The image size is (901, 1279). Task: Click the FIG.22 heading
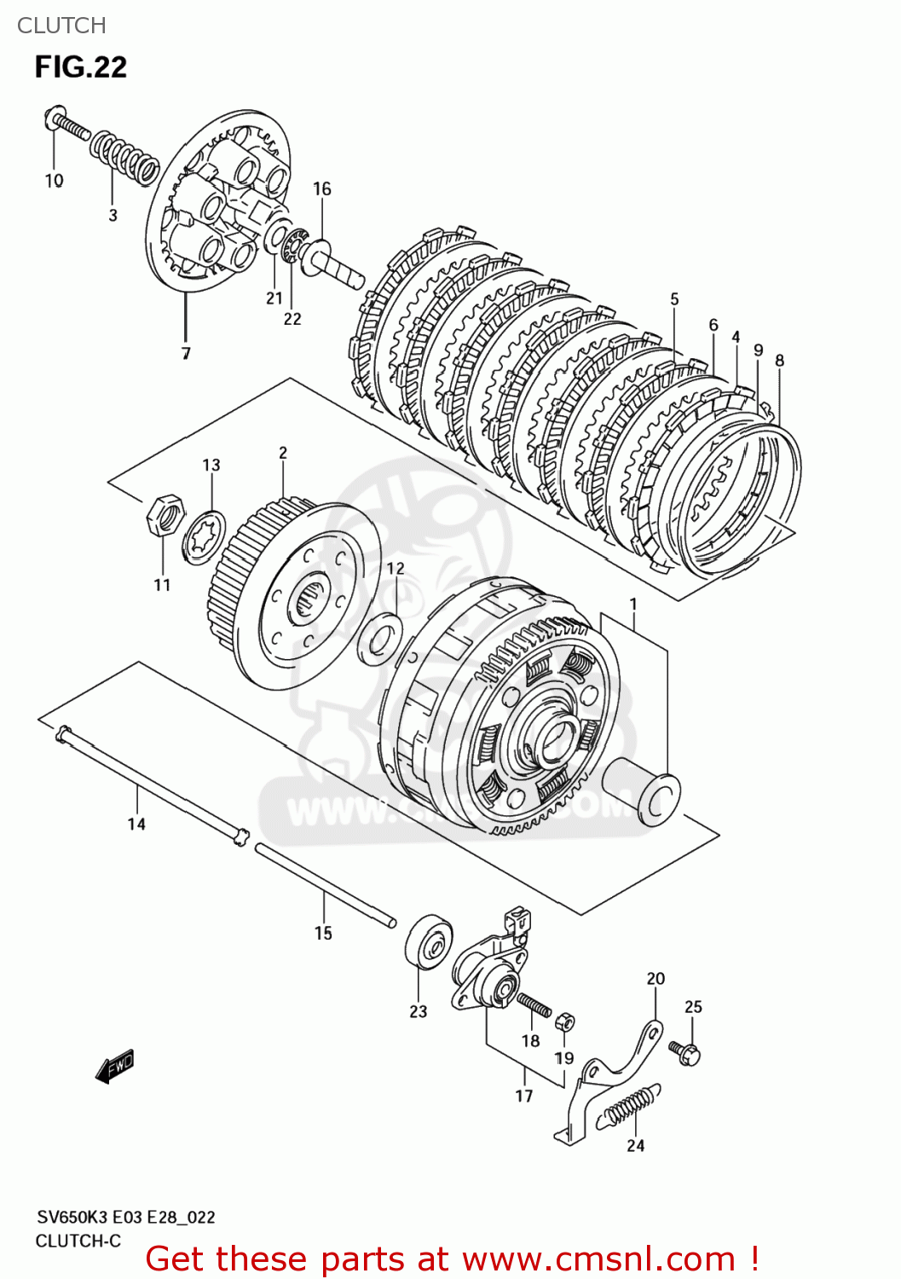(81, 67)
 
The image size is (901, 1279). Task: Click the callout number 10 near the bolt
(54, 181)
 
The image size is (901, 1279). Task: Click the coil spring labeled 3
(125, 157)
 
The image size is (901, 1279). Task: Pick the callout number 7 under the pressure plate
(186, 353)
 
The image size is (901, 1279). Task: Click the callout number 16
(321, 188)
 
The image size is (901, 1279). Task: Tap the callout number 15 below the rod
(323, 933)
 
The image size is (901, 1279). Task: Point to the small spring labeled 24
(629, 1108)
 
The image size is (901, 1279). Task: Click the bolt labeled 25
(685, 1051)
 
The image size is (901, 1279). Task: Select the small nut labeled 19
(563, 1021)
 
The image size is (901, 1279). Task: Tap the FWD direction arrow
(115, 1065)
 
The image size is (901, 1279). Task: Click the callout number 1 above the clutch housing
(633, 605)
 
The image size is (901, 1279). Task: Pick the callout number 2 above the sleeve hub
(283, 453)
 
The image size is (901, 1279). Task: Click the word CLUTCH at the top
(61, 26)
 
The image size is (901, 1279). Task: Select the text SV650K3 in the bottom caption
(71, 1217)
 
